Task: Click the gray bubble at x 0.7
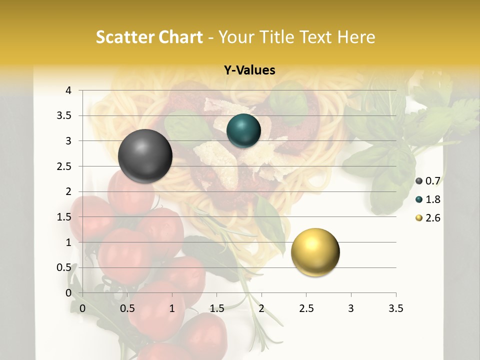pyautogui.click(x=145, y=156)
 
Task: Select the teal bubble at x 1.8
pyautogui.click(x=243, y=131)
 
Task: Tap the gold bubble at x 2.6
pyautogui.click(x=315, y=252)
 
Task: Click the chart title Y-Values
pyautogui.click(x=249, y=70)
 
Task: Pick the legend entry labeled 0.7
pyautogui.click(x=428, y=181)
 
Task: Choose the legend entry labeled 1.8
pyautogui.click(x=428, y=199)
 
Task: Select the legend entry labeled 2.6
pyautogui.click(x=428, y=218)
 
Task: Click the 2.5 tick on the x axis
pyautogui.click(x=306, y=308)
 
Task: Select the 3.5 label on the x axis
pyautogui.click(x=396, y=308)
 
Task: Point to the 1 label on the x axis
pyautogui.click(x=172, y=308)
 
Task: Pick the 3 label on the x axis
pyautogui.click(x=351, y=308)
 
